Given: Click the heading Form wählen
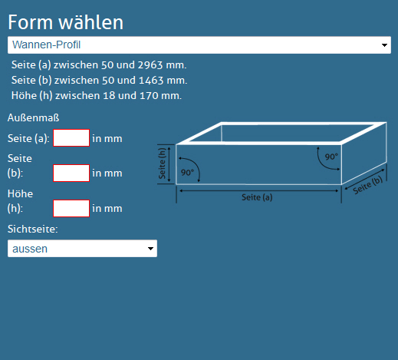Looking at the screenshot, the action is click(66, 22).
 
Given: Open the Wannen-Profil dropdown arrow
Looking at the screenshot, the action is click(384, 45).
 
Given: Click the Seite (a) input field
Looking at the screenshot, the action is click(71, 138).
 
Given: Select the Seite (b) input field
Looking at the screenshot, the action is click(71, 173).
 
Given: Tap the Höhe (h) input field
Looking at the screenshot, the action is click(71, 209).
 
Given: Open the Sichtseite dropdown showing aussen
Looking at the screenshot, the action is click(82, 249).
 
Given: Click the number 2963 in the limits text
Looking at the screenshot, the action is click(150, 65).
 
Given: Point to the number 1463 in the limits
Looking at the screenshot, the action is click(151, 81).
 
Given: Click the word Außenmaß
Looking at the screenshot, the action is click(34, 117).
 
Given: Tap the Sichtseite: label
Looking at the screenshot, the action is click(33, 229).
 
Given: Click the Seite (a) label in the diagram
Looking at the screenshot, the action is click(257, 197).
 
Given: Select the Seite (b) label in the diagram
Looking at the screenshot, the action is click(368, 185).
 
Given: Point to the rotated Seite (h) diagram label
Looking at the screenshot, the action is click(162, 163).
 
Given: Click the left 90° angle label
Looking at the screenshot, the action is click(187, 173).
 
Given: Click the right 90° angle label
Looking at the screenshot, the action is click(331, 157).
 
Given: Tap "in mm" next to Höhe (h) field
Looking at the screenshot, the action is click(107, 209).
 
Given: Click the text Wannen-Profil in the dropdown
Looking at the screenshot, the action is click(47, 45).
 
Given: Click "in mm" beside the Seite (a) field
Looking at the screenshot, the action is click(107, 138).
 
